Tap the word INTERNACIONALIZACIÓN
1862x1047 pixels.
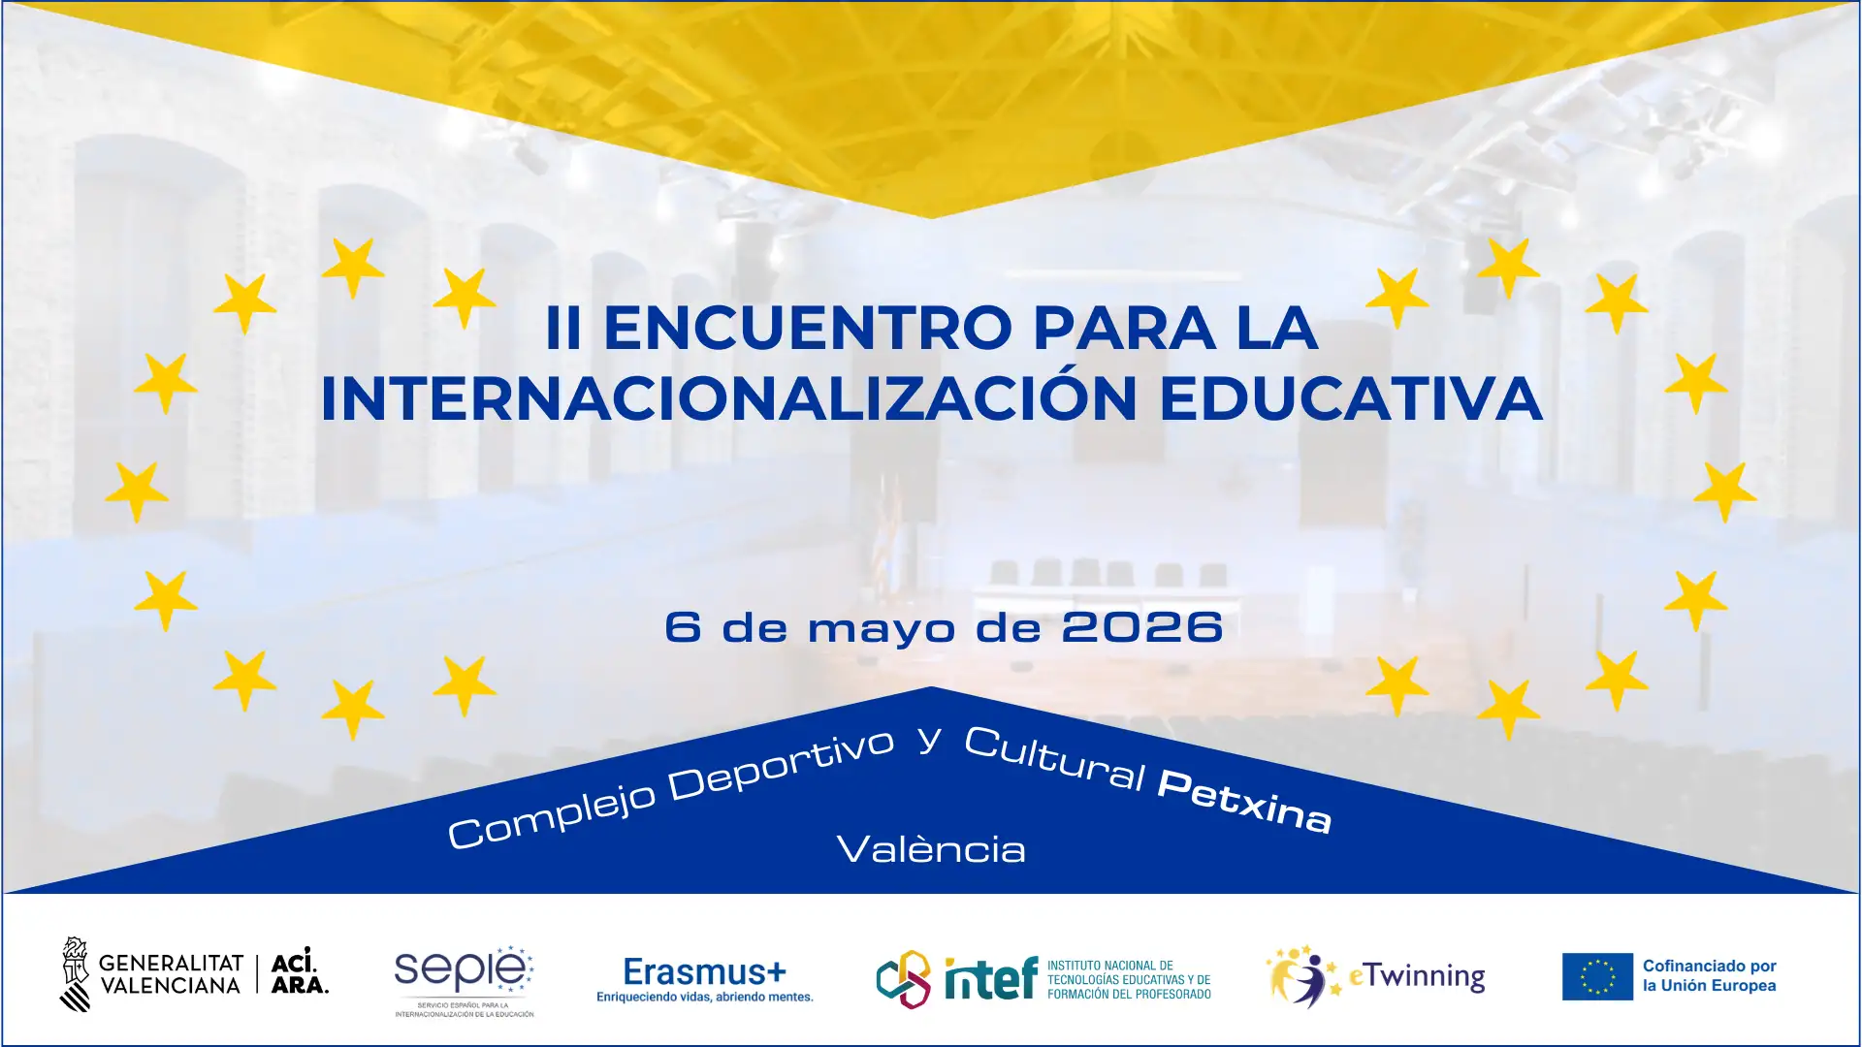click(728, 398)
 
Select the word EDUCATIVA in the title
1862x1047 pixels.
click(1350, 398)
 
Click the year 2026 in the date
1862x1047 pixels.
click(1141, 627)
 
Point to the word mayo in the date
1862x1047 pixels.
click(882, 629)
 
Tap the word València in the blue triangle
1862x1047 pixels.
click(931, 850)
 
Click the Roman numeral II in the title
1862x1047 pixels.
click(563, 328)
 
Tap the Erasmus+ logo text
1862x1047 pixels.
click(704, 971)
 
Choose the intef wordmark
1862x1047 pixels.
click(990, 979)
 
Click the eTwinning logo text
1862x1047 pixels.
click(1417, 976)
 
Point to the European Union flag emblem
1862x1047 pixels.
click(1596, 976)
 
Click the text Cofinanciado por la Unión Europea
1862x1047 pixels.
click(1709, 976)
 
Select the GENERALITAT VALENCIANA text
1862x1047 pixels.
click(171, 974)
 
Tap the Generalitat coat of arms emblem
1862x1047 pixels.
click(75, 974)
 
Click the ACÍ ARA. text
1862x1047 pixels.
click(299, 973)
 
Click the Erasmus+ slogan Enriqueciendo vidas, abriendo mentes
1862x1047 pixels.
click(704, 998)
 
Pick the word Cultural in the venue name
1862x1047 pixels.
click(1054, 759)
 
